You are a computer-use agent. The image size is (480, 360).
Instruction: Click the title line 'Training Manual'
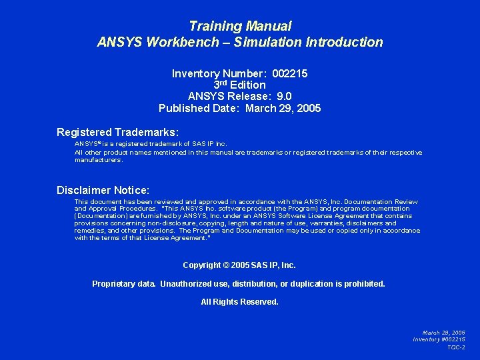click(240, 27)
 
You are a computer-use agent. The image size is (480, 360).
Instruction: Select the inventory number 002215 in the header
click(290, 73)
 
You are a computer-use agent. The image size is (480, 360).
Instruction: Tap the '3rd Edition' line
click(240, 85)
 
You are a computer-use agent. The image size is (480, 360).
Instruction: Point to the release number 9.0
click(284, 96)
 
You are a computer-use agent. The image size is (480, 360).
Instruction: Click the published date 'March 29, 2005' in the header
click(283, 108)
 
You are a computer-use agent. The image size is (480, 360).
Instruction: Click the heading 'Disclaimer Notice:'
click(103, 191)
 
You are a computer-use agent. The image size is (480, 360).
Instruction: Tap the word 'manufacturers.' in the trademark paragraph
click(99, 160)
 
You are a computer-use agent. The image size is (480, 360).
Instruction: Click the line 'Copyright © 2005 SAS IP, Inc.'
click(239, 265)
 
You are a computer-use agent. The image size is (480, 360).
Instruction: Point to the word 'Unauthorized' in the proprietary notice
click(186, 284)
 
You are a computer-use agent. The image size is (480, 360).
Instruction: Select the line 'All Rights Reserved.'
click(240, 302)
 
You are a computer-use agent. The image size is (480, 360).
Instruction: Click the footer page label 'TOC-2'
click(456, 347)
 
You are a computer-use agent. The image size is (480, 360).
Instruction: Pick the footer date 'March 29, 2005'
click(444, 332)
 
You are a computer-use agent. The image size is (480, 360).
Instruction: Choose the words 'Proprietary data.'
click(124, 284)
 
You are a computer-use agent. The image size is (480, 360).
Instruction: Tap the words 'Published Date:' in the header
click(199, 108)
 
